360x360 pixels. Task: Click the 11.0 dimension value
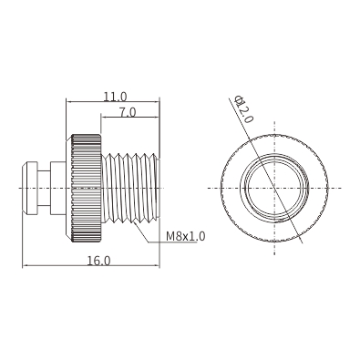115,97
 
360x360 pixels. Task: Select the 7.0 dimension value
128,112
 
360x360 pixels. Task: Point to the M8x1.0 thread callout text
185,236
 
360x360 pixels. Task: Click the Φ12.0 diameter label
244,109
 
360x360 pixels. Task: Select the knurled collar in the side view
87,189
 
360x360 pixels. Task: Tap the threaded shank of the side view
129,189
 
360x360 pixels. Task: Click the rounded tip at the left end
29,189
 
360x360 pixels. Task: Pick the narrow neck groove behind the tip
44,189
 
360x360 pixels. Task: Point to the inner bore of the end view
274,189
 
